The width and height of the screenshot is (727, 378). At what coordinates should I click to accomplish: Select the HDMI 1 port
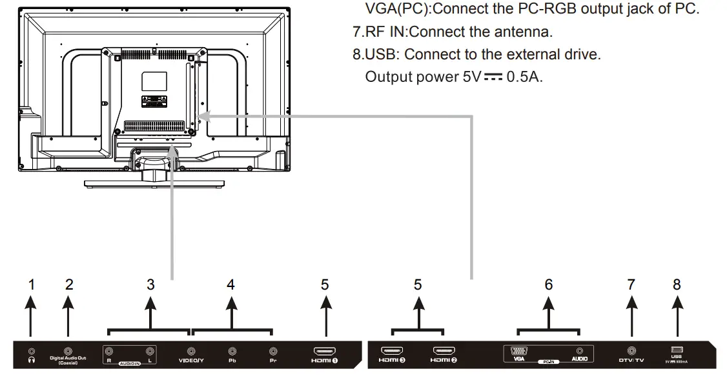pyautogui.click(x=323, y=351)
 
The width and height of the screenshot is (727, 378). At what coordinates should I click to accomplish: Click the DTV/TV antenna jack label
pyautogui.click(x=631, y=360)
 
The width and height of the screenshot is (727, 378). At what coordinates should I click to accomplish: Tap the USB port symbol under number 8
pyautogui.click(x=677, y=350)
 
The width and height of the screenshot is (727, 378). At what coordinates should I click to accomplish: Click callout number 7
pyautogui.click(x=631, y=284)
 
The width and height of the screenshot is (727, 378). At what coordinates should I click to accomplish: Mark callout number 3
pyautogui.click(x=150, y=284)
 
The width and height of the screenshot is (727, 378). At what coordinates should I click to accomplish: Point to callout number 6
pyautogui.click(x=549, y=284)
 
